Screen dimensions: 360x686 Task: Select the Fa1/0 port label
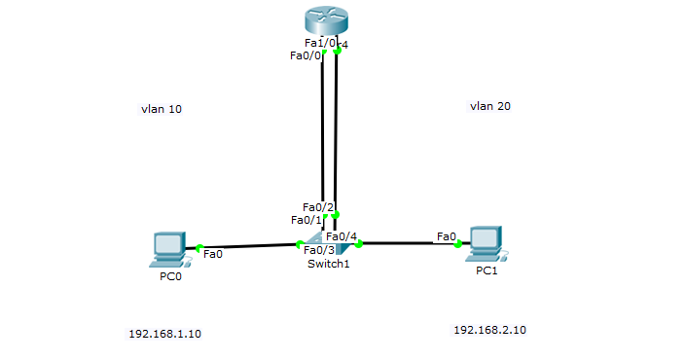coord(319,43)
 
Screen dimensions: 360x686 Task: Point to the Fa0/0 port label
coord(306,55)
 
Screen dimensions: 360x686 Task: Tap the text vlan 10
coord(161,109)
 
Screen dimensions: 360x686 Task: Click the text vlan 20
coord(489,106)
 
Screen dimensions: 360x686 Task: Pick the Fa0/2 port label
coord(318,207)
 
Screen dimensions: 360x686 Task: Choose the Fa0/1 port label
coord(307,220)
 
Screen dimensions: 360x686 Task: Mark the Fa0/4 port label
coord(342,236)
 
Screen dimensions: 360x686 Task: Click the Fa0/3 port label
coord(319,251)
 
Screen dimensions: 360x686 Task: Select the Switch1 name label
coord(328,264)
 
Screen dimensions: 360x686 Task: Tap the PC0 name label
coord(170,276)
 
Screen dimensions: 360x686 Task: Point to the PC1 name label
coord(487,270)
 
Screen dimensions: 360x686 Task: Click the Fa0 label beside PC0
coord(213,254)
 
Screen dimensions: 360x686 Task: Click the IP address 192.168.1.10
coord(164,334)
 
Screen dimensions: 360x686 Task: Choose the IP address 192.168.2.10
coord(489,330)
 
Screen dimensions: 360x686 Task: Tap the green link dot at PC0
coord(199,248)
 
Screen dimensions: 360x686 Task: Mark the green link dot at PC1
coord(457,243)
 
